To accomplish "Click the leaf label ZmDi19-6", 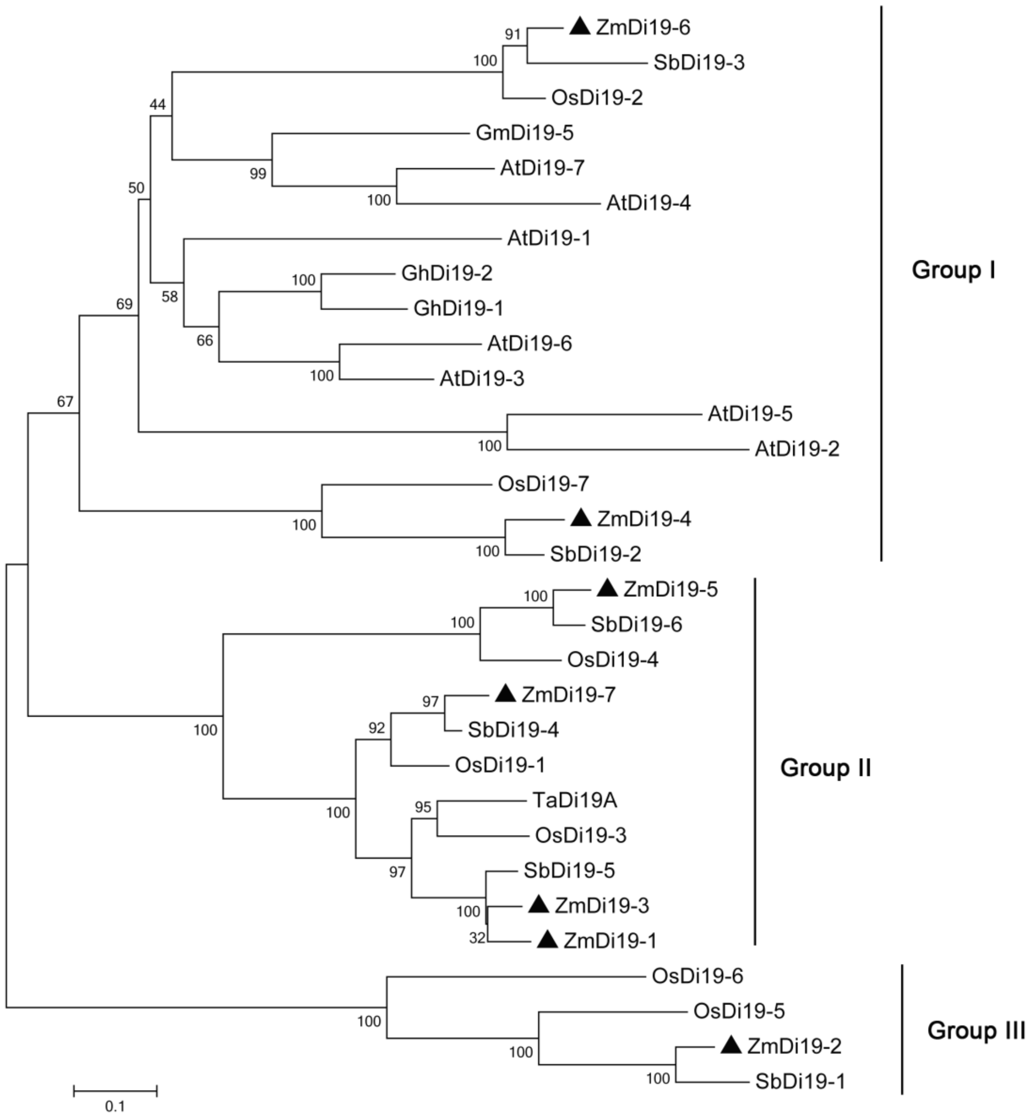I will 643,27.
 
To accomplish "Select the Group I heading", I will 953,270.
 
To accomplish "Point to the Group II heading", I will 825,768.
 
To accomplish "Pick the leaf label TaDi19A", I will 575,800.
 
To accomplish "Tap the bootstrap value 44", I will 158,104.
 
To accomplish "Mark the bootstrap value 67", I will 65,401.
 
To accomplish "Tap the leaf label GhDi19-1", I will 458,308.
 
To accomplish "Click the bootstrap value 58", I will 170,297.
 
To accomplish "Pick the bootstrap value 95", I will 423,807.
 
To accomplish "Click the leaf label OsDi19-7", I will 543,483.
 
